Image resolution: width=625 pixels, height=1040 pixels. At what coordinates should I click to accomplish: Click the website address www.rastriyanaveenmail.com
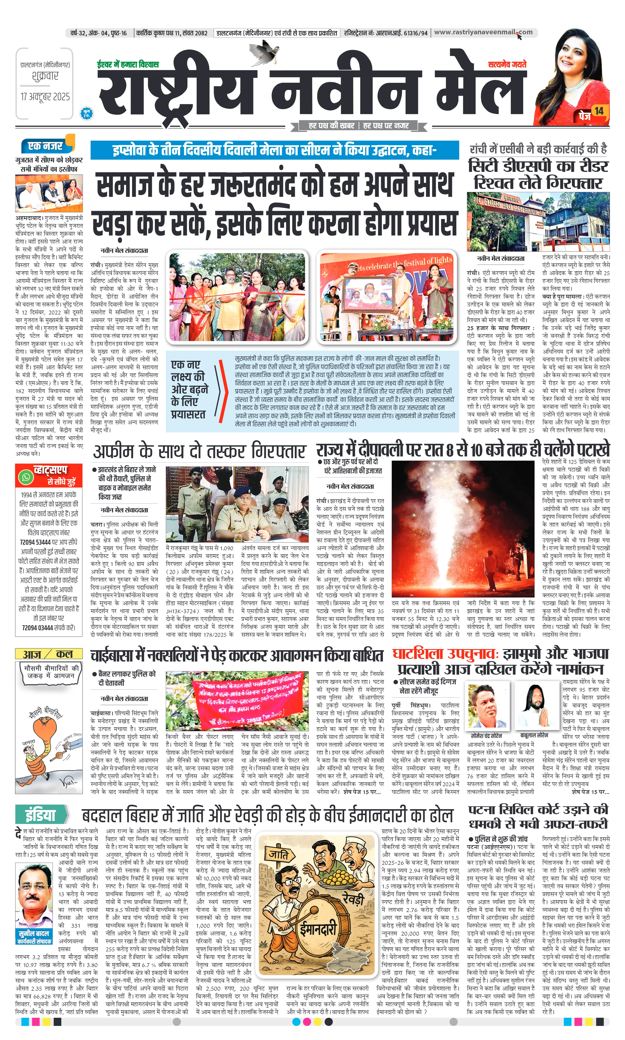[483, 32]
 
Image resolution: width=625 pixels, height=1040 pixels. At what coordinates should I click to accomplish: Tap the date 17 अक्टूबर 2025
[45, 97]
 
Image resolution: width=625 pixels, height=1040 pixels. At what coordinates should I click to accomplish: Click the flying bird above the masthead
[267, 51]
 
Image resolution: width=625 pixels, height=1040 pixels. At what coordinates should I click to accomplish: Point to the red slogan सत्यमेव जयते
[507, 64]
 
